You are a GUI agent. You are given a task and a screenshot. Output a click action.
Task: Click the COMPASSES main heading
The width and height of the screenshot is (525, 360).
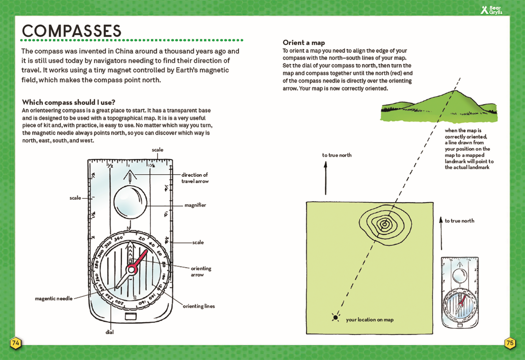point(72,31)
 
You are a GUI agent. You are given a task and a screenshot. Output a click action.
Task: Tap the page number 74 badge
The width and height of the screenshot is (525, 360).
point(16,343)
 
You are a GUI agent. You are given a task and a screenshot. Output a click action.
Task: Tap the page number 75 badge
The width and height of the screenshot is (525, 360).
point(510,343)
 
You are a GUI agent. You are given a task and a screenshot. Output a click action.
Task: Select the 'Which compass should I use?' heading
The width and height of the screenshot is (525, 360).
point(69,102)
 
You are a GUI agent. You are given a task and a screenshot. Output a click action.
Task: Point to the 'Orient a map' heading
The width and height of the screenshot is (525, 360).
point(304,43)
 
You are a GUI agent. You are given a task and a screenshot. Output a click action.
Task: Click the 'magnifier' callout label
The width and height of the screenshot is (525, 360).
point(195,205)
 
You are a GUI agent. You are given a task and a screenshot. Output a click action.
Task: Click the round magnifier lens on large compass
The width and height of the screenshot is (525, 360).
point(130,202)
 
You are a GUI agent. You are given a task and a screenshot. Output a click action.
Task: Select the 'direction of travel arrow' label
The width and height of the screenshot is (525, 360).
point(195,178)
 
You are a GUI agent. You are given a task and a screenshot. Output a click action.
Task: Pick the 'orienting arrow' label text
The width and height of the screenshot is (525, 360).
point(201,271)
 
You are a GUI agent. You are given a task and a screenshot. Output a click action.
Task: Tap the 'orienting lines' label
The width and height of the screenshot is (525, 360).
point(198,306)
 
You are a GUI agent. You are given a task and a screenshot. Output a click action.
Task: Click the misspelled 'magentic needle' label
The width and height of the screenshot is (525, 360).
point(54,299)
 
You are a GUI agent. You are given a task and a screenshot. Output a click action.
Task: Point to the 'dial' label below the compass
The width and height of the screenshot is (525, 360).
point(109,332)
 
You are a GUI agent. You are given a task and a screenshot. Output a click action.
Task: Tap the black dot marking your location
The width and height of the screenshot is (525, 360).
point(335,317)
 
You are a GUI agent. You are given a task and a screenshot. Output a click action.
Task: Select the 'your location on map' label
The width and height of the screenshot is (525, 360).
point(369,320)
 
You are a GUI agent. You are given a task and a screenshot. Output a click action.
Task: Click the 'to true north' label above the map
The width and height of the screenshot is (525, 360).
point(337,155)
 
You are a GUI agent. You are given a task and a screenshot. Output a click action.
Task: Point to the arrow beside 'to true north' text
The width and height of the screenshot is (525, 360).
point(326,178)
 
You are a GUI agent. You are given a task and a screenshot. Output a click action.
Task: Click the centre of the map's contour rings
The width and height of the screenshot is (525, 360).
point(384,224)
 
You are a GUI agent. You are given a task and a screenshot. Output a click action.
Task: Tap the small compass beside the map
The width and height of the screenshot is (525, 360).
point(460,292)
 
